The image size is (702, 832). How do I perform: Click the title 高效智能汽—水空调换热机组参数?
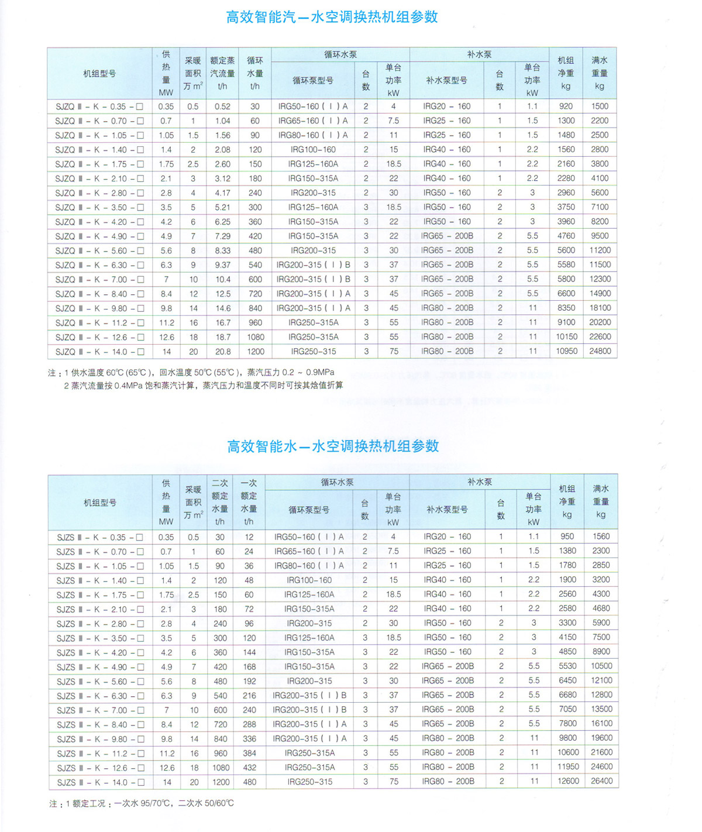pos(332,17)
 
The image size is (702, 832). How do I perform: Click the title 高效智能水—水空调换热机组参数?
pos(333,446)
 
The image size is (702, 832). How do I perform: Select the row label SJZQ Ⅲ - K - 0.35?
pos(99,106)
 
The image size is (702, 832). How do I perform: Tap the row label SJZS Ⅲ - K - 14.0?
pos(100,782)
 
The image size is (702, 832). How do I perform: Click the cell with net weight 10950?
pos(566,351)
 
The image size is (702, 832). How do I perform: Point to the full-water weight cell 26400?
pos(601,781)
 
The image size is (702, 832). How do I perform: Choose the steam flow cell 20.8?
pos(222,352)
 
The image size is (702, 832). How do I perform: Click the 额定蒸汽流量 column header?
pos(222,73)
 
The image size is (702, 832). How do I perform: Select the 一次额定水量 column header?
pos(249,502)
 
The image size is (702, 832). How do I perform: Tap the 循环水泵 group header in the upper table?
pos(340,54)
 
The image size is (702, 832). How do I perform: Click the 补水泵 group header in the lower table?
pos(480,482)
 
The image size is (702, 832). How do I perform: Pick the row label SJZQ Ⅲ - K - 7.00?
pos(99,280)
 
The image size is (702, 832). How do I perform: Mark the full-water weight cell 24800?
pos(600,351)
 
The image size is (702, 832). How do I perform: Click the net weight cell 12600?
pos(568,781)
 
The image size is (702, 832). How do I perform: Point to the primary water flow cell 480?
pos(249,782)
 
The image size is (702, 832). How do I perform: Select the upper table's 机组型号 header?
pos(99,74)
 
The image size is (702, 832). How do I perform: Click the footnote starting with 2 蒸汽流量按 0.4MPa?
pos(203,386)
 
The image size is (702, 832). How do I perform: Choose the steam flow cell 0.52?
pos(222,106)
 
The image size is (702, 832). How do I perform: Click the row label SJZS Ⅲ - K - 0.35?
pos(100,537)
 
